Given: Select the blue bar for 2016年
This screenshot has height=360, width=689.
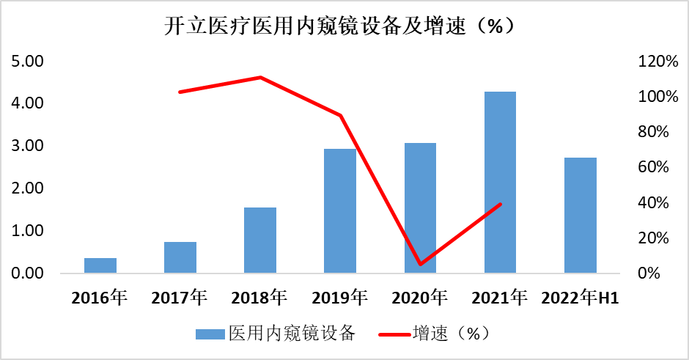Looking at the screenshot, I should [x=100, y=265].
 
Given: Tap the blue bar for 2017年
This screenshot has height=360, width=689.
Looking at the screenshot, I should [x=180, y=257].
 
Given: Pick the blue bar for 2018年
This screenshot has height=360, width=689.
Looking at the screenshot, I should [x=260, y=240].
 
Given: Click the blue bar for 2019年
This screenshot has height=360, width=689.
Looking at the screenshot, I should [x=340, y=211].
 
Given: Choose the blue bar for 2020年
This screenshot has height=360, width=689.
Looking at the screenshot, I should [x=420, y=208].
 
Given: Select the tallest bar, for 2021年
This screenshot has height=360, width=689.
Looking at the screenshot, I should [x=500, y=183].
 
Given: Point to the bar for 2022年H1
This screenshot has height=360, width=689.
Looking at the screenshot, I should [x=581, y=216].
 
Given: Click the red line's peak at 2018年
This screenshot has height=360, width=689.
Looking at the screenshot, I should [x=260, y=77].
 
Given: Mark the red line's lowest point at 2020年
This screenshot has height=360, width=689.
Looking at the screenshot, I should [x=420, y=264].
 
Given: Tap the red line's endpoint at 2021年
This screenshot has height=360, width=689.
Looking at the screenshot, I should [x=500, y=204].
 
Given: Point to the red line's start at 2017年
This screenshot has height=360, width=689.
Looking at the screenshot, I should [x=180, y=92].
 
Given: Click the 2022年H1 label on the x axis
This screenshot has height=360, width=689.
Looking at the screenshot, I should [x=581, y=298].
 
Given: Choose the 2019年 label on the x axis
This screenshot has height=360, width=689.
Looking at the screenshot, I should [x=340, y=298].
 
